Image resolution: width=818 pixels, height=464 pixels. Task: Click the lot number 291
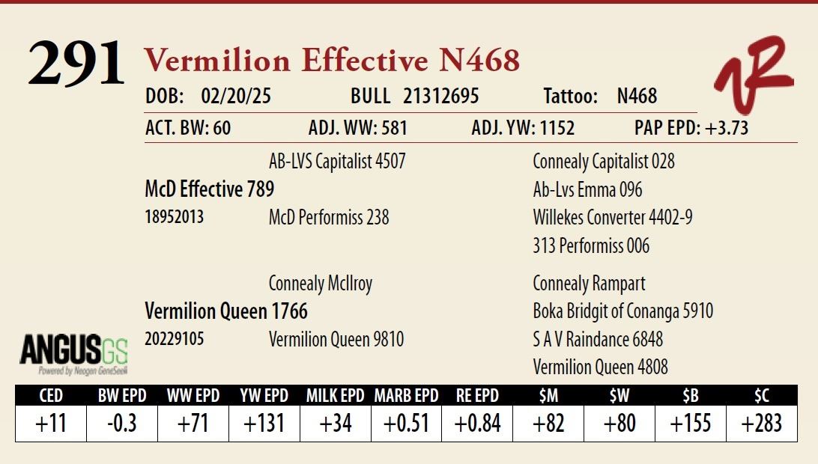[x=76, y=63]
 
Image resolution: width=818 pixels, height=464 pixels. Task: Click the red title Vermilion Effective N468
[x=332, y=60]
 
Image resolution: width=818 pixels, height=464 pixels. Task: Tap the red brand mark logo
[x=754, y=74]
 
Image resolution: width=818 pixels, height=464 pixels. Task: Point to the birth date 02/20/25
[x=236, y=96]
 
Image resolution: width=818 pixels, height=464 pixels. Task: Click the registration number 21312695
[x=440, y=96]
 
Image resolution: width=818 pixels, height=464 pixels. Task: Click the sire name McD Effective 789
[x=209, y=189]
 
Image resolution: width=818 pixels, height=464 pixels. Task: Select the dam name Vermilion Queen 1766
[x=226, y=311]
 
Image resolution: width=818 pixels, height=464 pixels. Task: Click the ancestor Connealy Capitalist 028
[x=604, y=162]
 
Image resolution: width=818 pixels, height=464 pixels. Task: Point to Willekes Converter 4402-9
[x=613, y=217]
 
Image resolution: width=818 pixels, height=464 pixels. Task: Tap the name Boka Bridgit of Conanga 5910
[x=623, y=311]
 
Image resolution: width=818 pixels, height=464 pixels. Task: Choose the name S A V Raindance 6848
[x=598, y=340]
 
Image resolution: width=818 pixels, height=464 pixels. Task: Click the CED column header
[x=51, y=396]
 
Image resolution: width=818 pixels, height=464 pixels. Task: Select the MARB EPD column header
[x=407, y=396]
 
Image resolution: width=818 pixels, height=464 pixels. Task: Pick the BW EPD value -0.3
[x=122, y=424]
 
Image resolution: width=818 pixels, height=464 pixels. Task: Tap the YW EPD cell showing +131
[x=264, y=424]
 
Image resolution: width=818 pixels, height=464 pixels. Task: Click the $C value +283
[x=762, y=424]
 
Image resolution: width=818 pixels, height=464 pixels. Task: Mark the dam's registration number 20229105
[x=175, y=339]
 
